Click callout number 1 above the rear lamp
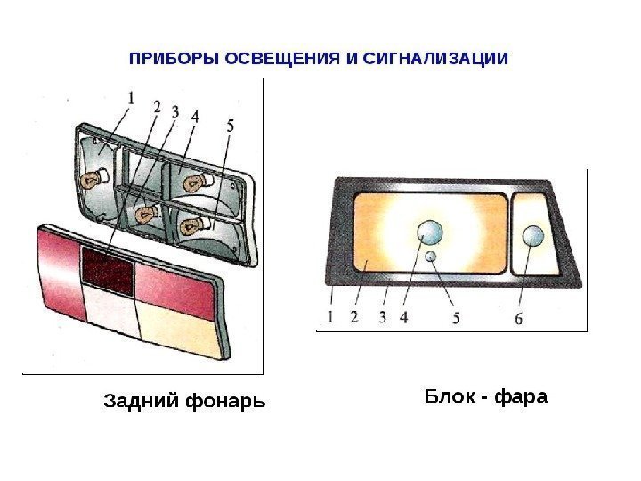coord(131,98)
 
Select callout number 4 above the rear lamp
coord(194,116)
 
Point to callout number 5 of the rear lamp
coord(231,127)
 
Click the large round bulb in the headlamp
coord(430,232)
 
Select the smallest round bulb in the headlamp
coord(431,257)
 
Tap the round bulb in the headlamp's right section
coord(532,236)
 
